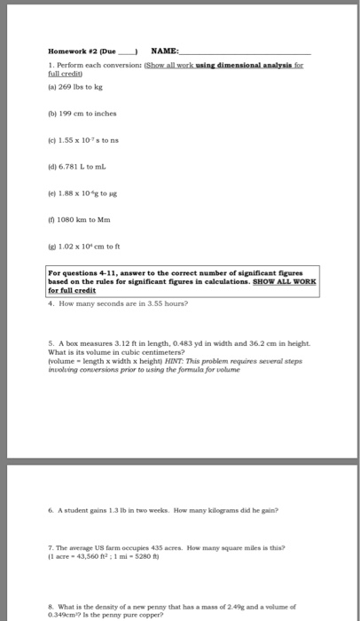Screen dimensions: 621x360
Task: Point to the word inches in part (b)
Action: click(x=105, y=116)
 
